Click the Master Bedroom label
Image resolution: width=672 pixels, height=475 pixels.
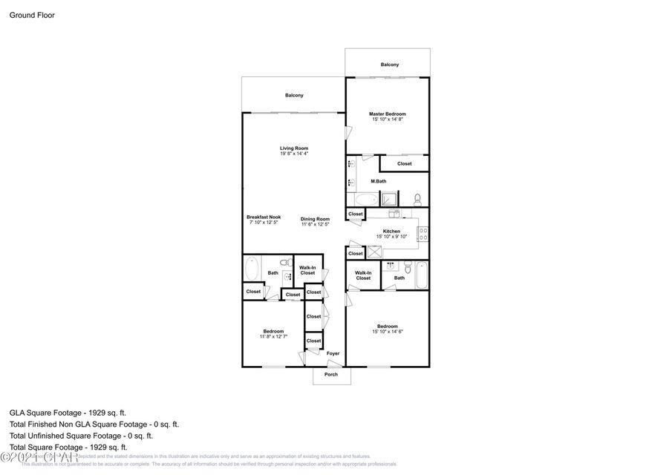[x=387, y=114]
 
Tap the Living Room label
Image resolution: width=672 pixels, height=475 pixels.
[x=294, y=148]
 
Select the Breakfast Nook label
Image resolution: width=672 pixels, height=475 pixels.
[x=264, y=217]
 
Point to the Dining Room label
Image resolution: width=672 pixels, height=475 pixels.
[x=315, y=219]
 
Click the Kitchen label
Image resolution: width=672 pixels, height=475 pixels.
[x=391, y=231]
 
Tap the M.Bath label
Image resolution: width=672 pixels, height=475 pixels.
[x=379, y=182]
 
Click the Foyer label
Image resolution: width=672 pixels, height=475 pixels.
[x=333, y=353]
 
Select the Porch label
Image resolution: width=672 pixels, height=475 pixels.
[x=331, y=374]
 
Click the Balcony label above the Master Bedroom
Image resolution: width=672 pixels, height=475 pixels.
[x=389, y=65]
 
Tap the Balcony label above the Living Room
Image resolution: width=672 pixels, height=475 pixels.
[x=294, y=95]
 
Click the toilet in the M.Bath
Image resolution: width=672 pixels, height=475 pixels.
[x=417, y=199]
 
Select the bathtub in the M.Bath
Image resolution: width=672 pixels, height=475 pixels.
[x=365, y=200]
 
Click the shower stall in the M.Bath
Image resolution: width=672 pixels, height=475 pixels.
[x=390, y=199]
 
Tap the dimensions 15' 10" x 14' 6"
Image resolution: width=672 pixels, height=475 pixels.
[x=387, y=332]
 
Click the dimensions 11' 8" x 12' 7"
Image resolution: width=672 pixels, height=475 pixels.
[x=273, y=336]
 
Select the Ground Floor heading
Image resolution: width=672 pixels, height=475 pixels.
[x=32, y=15]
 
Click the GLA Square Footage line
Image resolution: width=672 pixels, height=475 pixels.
[x=68, y=413]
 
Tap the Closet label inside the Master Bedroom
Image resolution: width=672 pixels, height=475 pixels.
[x=404, y=164]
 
